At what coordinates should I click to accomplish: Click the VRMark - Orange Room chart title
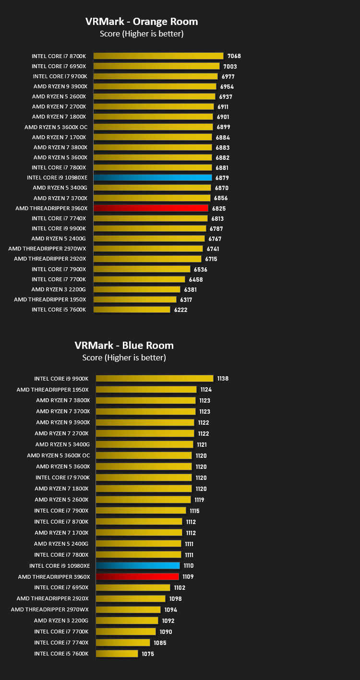142,22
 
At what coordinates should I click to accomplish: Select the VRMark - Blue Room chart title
124,346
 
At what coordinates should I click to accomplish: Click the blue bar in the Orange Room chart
153,178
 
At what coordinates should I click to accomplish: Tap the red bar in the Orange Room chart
151,208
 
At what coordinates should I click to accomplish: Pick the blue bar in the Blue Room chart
138,566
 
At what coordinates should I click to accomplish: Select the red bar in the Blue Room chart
137,576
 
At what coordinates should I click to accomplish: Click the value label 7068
234,56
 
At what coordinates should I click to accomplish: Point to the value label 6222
180,310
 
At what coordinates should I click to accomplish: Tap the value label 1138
223,379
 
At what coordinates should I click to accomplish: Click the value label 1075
148,654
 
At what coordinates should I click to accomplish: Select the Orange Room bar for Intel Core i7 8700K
158,56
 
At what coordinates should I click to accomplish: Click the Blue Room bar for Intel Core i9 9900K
155,378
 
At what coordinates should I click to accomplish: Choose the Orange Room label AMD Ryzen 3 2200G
59,289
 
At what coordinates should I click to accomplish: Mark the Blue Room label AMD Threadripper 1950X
52,390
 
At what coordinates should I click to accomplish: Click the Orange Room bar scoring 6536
142,269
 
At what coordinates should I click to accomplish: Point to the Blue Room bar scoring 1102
133,588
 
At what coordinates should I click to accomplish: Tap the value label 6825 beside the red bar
219,209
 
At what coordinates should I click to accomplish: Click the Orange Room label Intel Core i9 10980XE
57,178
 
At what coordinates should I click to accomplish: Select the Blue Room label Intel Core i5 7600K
61,654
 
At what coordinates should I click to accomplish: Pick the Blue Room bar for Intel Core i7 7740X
123,643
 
